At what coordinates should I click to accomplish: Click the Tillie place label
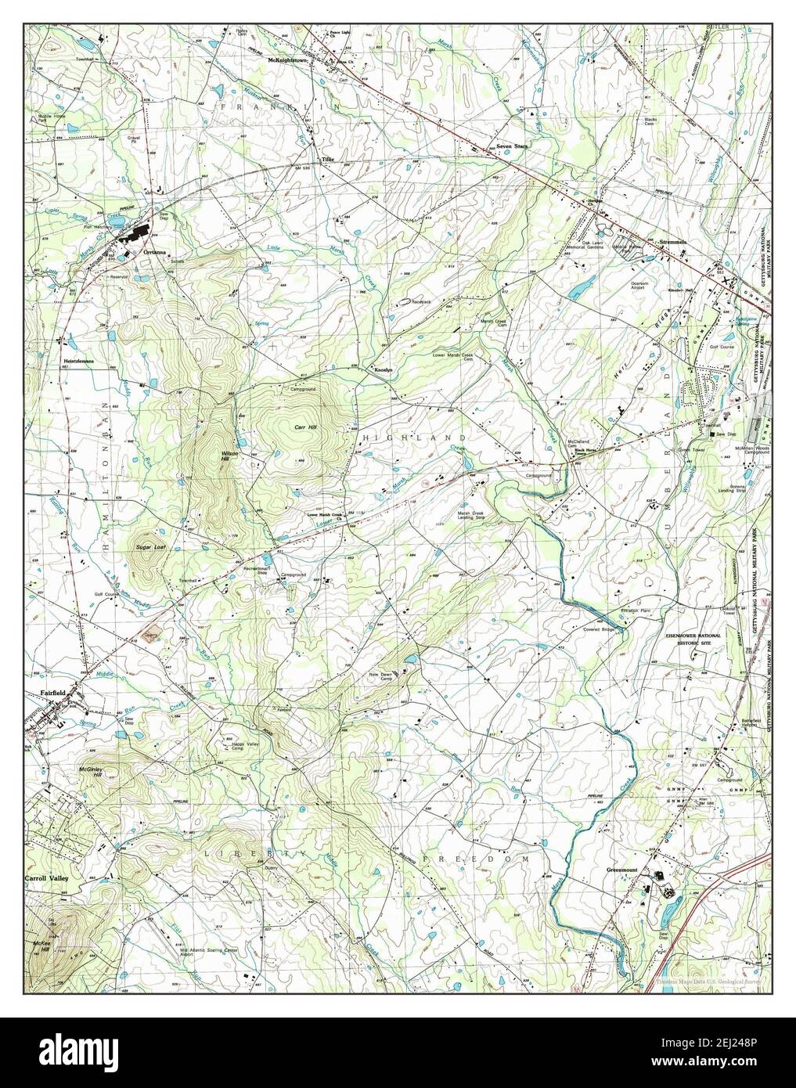(x=326, y=160)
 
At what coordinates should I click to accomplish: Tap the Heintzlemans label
(x=78, y=361)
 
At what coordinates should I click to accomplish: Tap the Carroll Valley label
(x=47, y=879)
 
